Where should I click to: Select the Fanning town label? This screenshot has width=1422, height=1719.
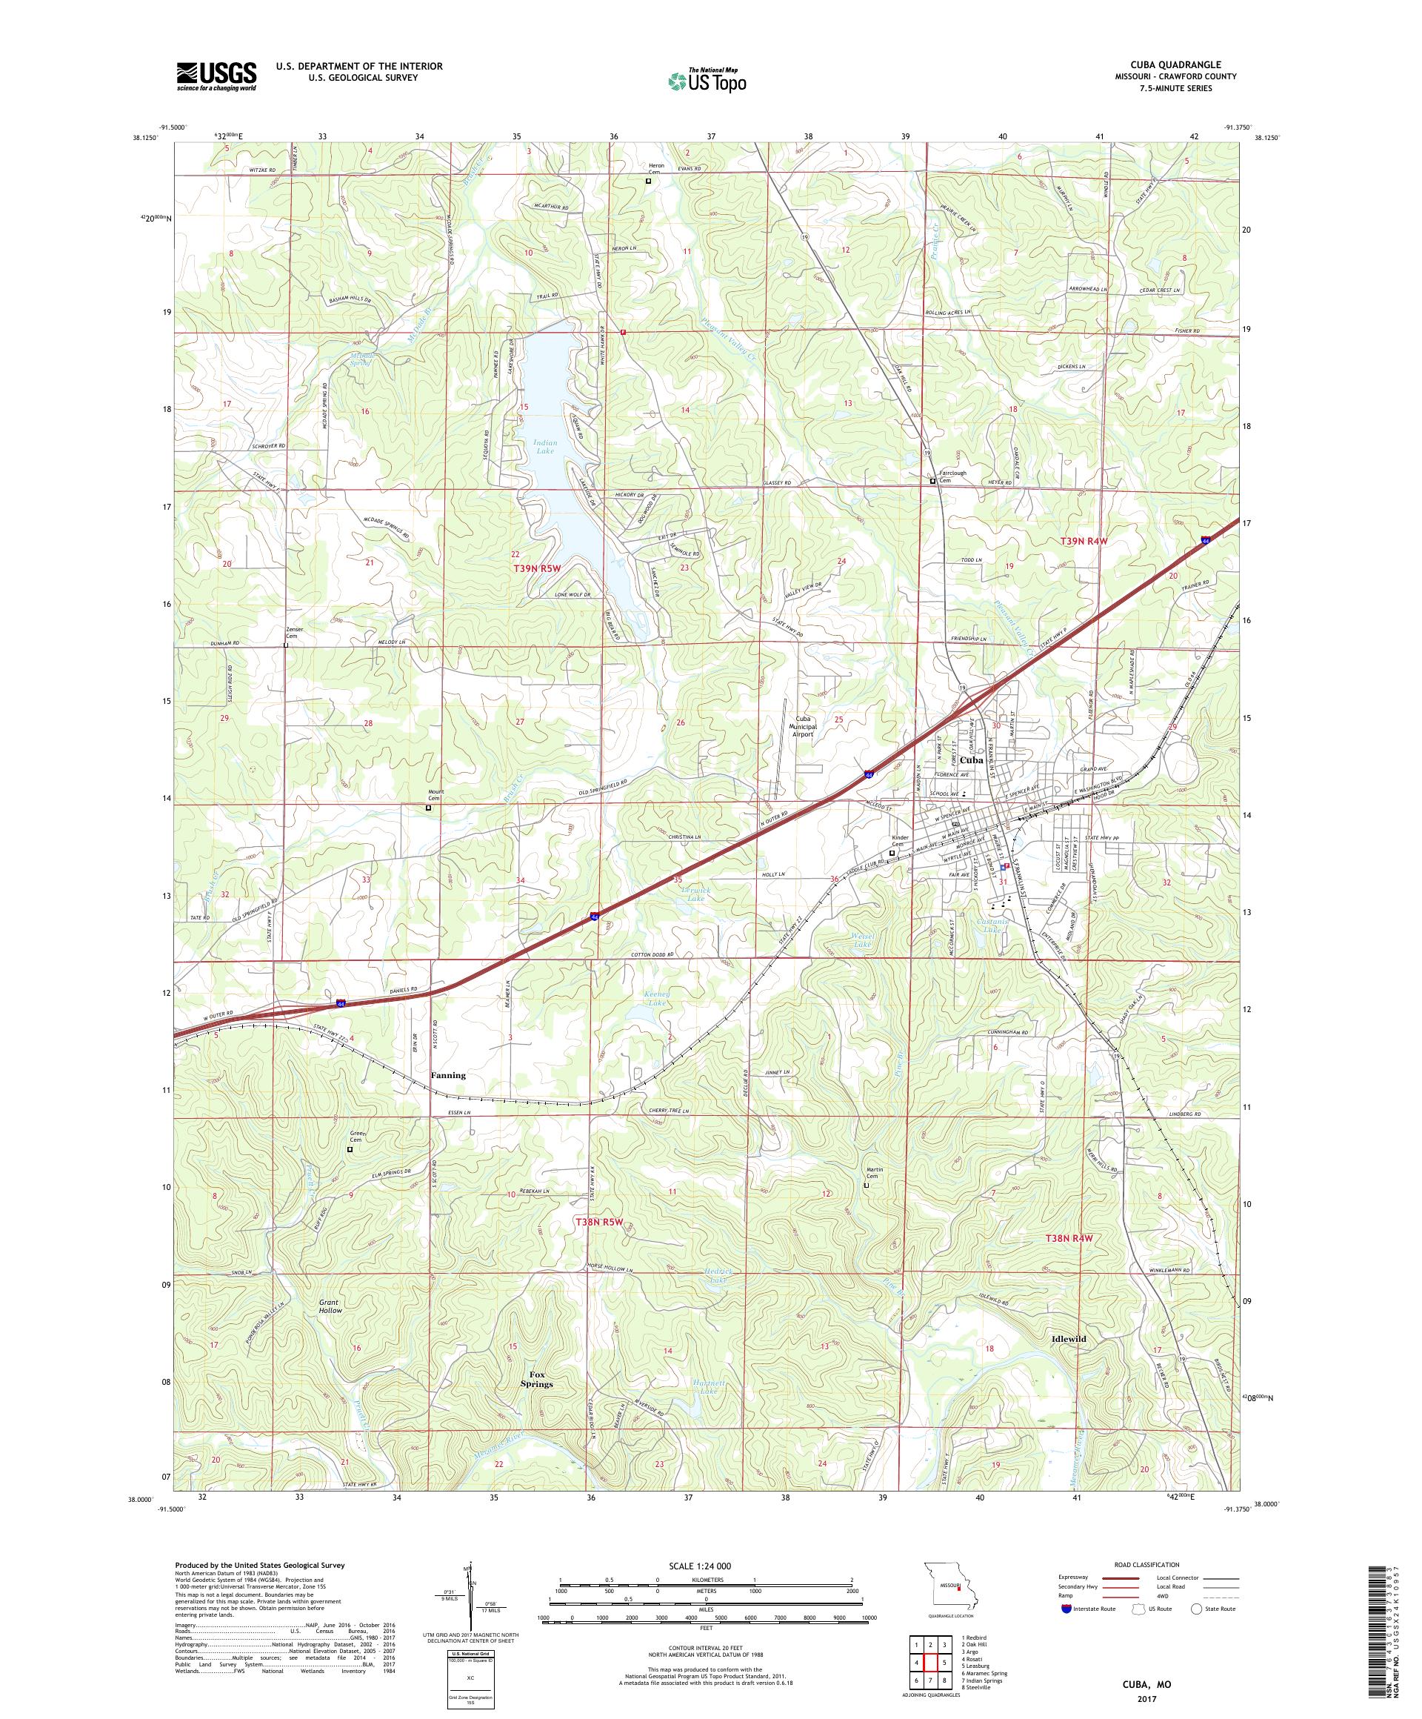447,1076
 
